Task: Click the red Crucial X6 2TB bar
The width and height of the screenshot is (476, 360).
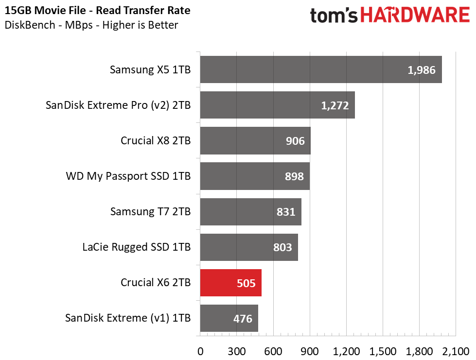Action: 231,283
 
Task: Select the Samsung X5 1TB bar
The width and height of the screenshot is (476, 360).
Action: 321,69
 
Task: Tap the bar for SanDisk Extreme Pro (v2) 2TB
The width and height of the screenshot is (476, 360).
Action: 278,105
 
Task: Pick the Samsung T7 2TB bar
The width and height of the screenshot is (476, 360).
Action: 251,212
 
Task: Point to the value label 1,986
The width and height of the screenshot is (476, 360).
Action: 422,70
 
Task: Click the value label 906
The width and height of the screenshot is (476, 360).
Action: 295,141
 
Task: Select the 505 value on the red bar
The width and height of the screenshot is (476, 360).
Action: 246,283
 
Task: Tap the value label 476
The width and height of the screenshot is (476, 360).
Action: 243,319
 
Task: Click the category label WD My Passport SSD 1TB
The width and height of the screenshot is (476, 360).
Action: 128,176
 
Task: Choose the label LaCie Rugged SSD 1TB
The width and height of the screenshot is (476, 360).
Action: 136,247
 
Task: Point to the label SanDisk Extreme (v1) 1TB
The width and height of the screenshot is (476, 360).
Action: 128,318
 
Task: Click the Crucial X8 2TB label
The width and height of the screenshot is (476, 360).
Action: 156,140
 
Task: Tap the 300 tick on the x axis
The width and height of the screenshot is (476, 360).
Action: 236,352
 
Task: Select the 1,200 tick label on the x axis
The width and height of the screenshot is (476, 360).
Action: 346,352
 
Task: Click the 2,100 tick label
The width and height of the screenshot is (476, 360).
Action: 456,352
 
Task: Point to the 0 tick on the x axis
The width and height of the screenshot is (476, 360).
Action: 200,352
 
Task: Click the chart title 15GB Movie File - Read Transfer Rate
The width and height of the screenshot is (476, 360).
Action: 97,10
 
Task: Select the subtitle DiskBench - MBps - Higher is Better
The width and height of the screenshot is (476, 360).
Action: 91,25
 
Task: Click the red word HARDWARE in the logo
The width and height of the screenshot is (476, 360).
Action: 415,15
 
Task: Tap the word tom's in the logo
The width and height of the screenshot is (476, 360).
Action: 334,15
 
